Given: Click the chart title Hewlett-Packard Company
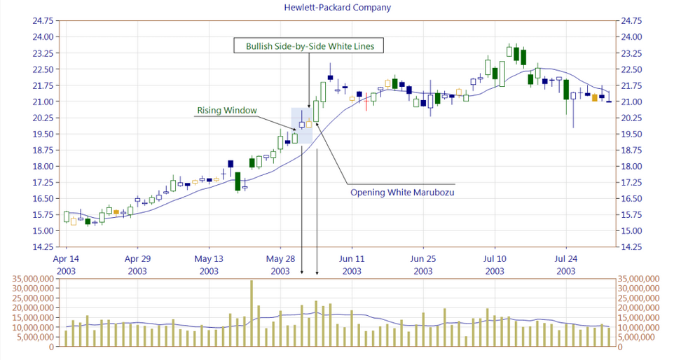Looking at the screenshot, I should tap(337, 7).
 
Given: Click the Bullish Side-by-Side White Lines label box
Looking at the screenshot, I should tap(310, 46).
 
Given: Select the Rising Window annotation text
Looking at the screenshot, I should tap(227, 110).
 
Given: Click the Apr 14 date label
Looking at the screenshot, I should tap(67, 259).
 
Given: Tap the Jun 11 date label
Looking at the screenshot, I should tap(352, 259).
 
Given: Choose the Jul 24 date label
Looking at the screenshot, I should tap(566, 259).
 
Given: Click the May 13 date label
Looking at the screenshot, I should tap(209, 259).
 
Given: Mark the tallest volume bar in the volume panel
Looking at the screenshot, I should tap(252, 313).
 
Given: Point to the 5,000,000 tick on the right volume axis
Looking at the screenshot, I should tap(638, 337).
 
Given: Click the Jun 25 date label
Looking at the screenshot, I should tap(423, 259).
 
